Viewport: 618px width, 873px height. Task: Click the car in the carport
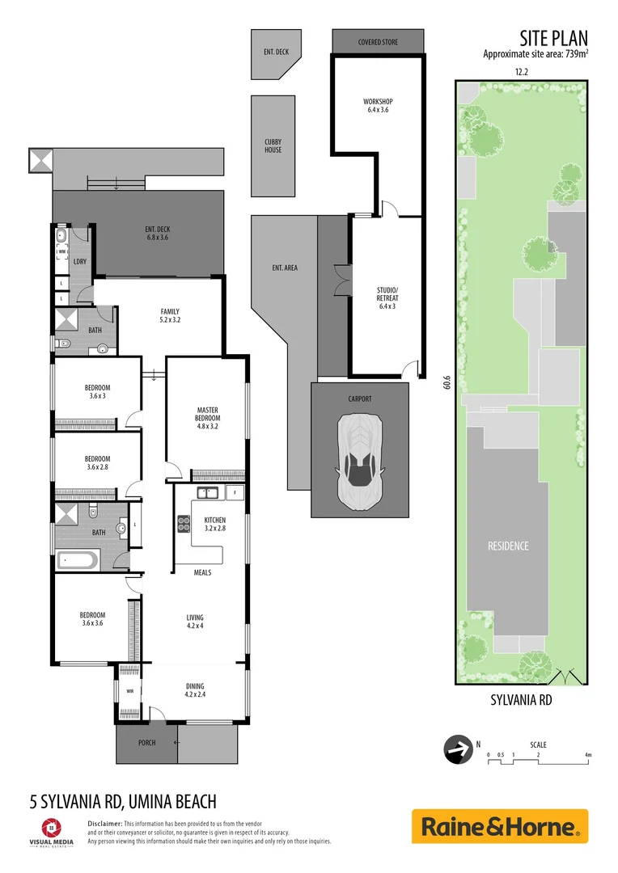(361, 462)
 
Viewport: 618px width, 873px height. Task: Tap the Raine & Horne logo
(500, 826)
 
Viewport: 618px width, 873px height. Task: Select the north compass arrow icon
(459, 749)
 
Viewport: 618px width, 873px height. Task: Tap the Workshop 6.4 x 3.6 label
(377, 106)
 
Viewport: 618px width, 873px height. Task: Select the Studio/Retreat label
(387, 293)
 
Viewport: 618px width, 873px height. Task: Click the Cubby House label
(273, 145)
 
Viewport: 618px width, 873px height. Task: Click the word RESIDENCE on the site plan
(508, 546)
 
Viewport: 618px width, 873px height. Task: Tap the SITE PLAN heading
(553, 37)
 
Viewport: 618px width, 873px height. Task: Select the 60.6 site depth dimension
(447, 381)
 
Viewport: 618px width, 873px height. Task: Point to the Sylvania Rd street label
(521, 701)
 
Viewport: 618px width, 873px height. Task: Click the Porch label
(146, 743)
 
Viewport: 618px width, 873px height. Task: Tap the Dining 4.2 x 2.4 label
(195, 690)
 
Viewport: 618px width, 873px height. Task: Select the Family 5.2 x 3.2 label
(170, 315)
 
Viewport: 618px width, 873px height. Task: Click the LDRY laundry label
(79, 261)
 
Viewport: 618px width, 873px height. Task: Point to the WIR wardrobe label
(129, 691)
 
